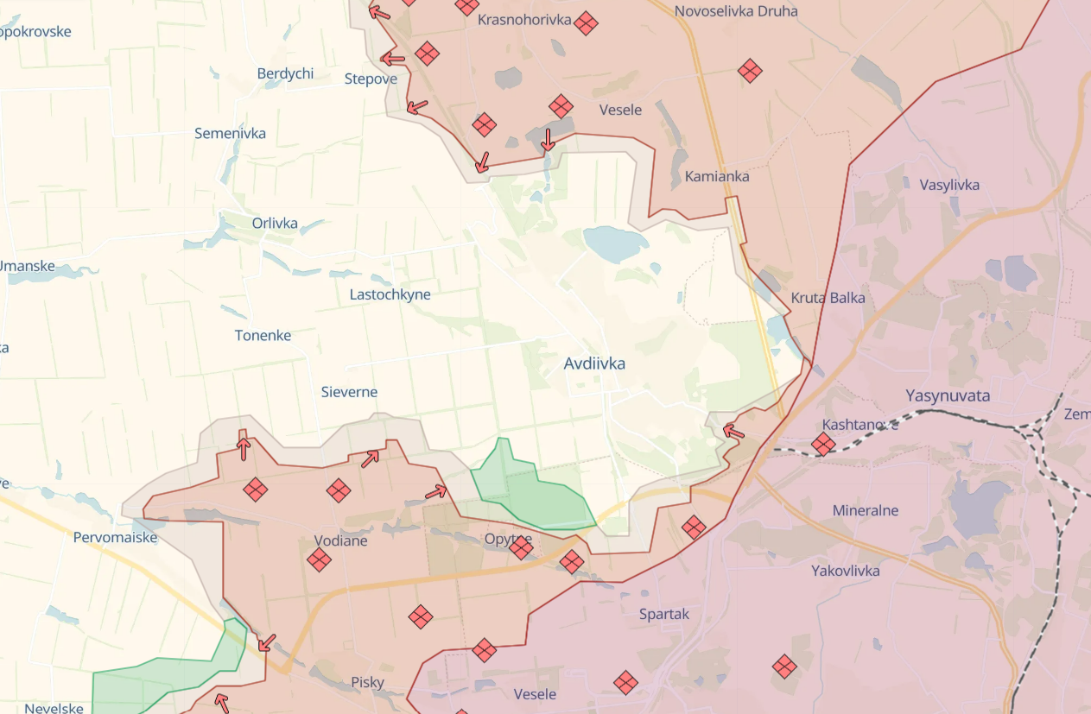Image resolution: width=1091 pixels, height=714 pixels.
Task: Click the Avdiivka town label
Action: coord(594,364)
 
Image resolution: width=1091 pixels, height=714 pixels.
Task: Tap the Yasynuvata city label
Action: coord(948,396)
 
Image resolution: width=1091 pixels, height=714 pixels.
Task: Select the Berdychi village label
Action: coord(285,73)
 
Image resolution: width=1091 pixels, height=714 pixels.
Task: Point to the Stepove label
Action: coord(371,79)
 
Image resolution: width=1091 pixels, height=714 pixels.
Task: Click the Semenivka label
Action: coord(230,134)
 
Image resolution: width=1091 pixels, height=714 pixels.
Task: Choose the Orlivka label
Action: coord(275,224)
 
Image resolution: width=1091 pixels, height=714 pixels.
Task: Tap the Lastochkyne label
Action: coord(390,294)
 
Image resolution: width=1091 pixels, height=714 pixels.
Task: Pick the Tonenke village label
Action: coord(263,336)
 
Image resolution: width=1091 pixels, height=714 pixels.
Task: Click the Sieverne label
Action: coord(349,392)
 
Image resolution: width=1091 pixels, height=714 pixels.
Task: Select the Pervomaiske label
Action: coord(115,538)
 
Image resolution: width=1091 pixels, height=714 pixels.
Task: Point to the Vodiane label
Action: coord(340,541)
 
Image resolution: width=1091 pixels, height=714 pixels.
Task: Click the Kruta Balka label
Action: coord(828,298)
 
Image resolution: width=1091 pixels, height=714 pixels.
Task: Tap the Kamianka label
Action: coord(716,176)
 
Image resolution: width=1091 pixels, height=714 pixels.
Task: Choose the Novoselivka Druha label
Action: coord(735,11)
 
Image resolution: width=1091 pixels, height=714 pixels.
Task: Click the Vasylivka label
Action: coord(949,185)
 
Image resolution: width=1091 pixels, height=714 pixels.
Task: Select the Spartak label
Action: coord(664,615)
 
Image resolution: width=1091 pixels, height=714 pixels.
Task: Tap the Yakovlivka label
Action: coord(845,571)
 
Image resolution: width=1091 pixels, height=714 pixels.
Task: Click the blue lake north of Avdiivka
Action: coord(615,243)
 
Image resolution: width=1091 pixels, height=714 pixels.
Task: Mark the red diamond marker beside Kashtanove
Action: coord(823,445)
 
